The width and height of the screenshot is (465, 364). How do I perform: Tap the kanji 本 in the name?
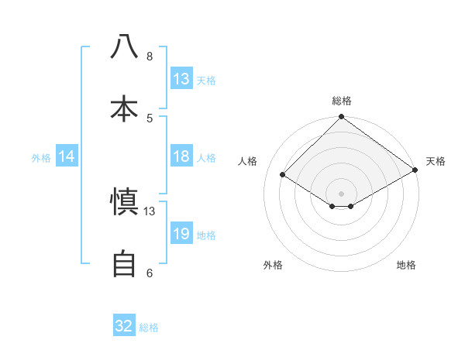click(x=124, y=108)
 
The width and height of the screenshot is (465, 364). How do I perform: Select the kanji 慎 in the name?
click(x=124, y=202)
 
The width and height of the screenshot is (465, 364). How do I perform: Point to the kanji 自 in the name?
click(x=124, y=263)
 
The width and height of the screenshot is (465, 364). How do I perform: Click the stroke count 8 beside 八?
click(x=150, y=57)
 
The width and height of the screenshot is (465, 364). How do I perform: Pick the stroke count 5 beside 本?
click(x=150, y=118)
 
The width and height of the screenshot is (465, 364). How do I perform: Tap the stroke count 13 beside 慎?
click(x=150, y=211)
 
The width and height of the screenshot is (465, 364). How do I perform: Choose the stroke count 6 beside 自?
click(x=150, y=273)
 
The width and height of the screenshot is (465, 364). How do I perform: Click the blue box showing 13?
click(x=181, y=79)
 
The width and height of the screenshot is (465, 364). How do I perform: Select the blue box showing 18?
click(x=181, y=156)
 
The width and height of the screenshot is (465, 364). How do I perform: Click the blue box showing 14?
click(x=67, y=156)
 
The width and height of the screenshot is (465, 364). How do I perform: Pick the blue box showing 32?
click(x=124, y=326)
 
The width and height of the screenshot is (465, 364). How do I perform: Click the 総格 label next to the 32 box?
click(x=149, y=328)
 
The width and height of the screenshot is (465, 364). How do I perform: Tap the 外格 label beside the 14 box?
click(x=41, y=158)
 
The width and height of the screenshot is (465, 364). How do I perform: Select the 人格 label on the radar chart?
click(x=248, y=161)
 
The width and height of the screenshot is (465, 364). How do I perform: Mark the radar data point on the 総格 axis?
click(x=341, y=118)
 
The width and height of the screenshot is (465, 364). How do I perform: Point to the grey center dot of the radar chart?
click(x=341, y=192)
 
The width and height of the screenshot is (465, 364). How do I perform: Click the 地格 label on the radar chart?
click(x=406, y=265)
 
